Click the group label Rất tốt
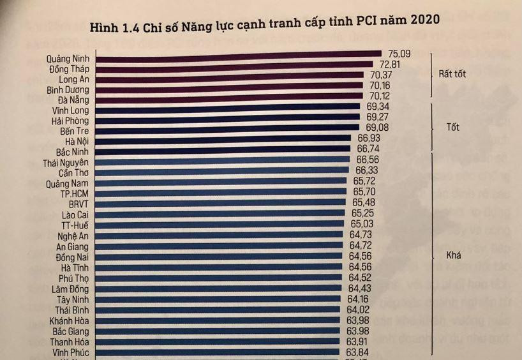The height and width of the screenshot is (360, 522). (x=452, y=74)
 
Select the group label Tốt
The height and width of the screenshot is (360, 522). (x=452, y=127)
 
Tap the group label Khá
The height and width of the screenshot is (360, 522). (x=454, y=255)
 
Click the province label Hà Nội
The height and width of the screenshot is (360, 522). (x=77, y=141)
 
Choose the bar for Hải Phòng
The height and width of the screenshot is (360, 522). (x=230, y=121)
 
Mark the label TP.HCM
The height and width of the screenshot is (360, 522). (x=75, y=193)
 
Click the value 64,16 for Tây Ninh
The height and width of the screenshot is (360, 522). (x=359, y=298)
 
